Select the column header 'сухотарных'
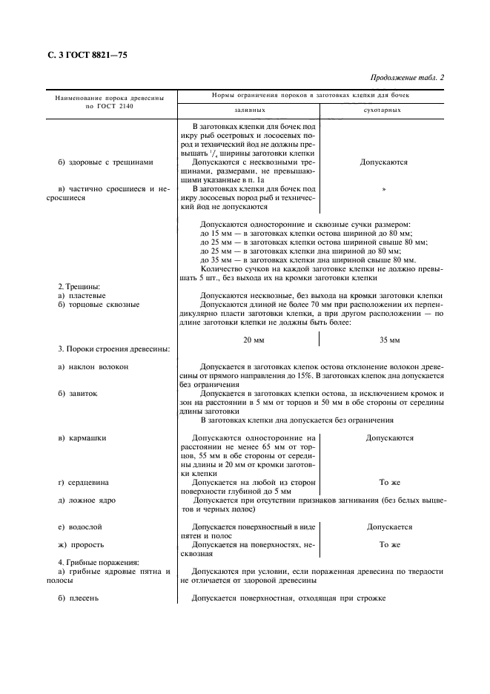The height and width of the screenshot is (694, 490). pos(383,110)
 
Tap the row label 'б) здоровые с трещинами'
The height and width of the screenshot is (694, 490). pos(106,162)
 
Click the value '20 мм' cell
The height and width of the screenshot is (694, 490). pos(254,340)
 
